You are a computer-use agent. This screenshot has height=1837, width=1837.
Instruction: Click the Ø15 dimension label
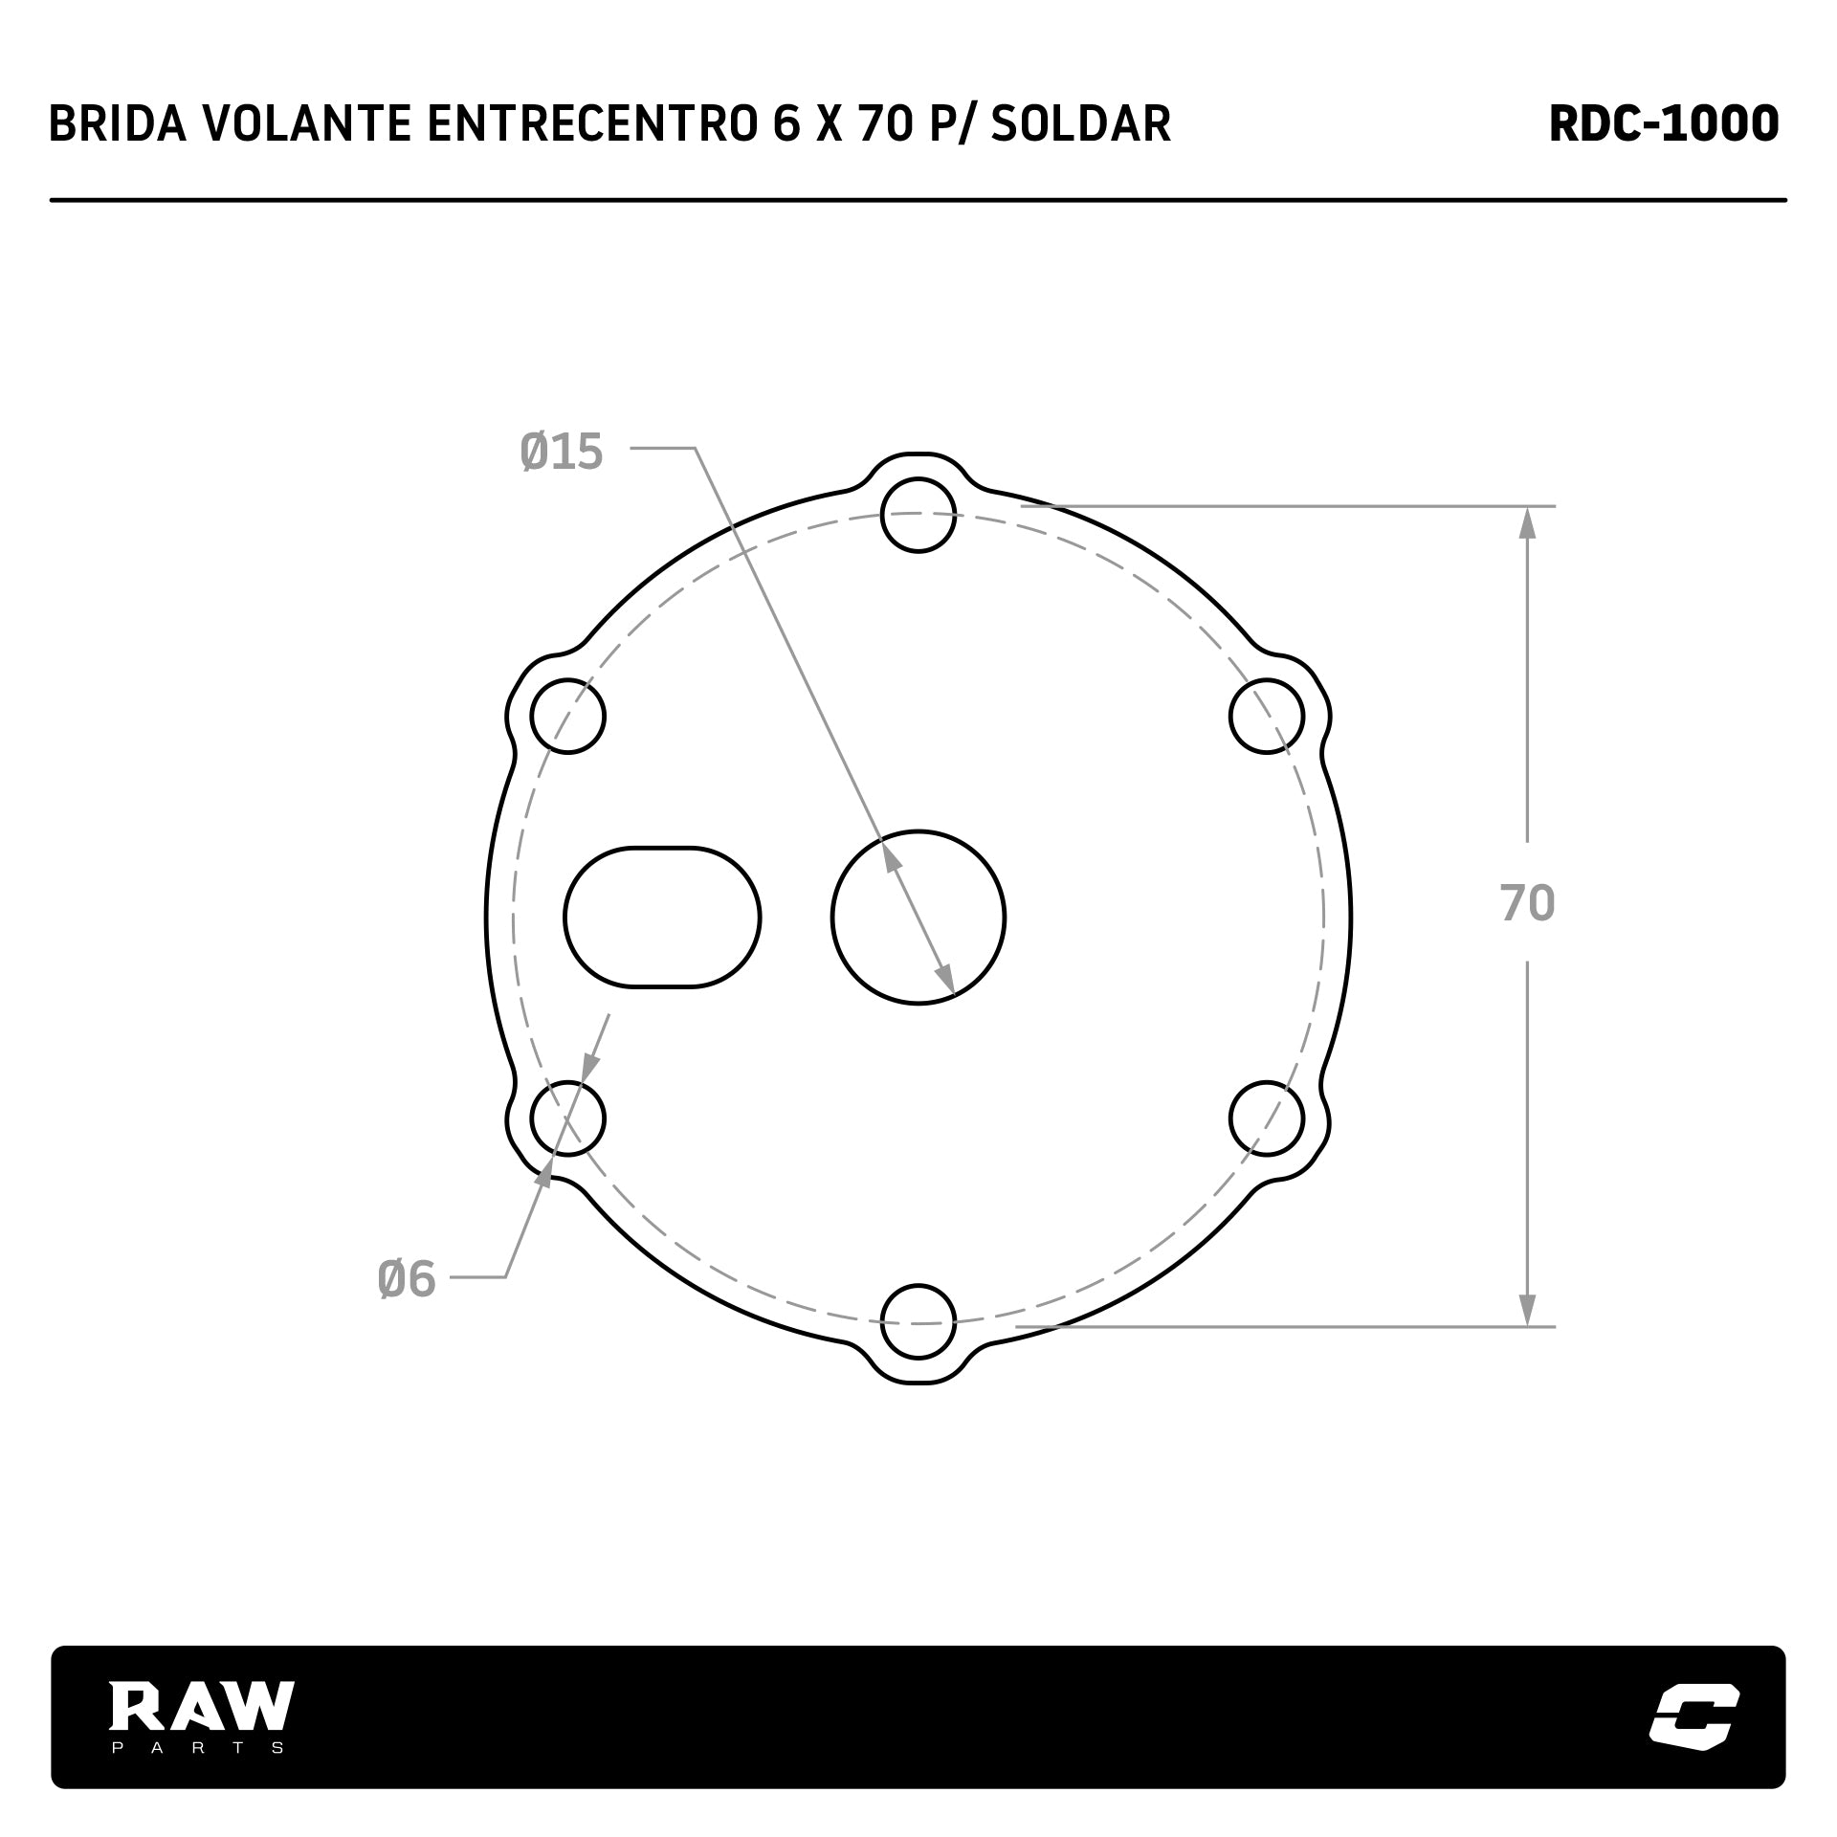pyautogui.click(x=562, y=452)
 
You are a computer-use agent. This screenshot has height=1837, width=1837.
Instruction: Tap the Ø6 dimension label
pyautogui.click(x=407, y=1279)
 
